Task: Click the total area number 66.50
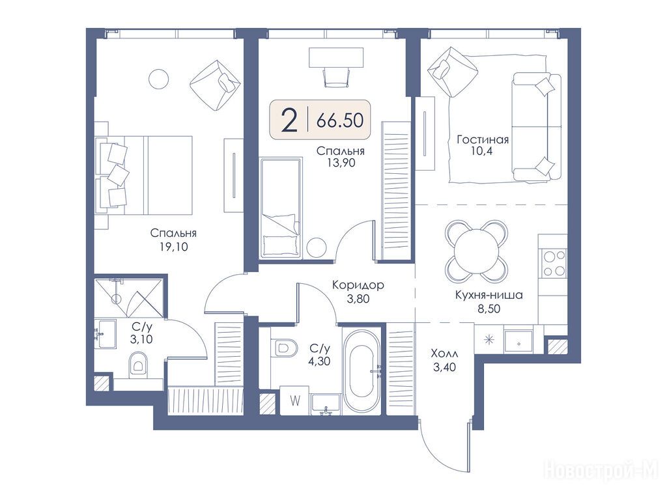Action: (339, 120)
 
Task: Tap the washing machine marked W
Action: (295, 400)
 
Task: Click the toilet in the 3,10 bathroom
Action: (138, 363)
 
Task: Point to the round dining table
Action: (476, 251)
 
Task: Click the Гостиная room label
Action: (483, 139)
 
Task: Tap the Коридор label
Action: (358, 285)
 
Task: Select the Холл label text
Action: (444, 354)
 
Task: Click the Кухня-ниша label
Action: (489, 295)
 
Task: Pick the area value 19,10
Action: (173, 247)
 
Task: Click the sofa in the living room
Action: (537, 126)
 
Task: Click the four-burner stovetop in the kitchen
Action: (554, 264)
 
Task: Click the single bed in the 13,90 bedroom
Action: (281, 208)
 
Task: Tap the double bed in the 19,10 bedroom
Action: (144, 174)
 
